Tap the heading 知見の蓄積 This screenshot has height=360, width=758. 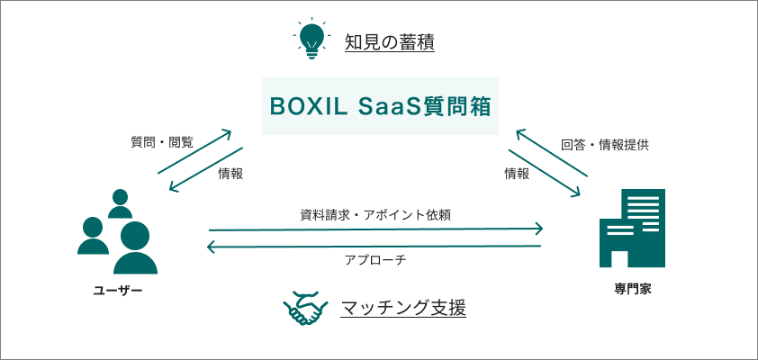tap(390, 41)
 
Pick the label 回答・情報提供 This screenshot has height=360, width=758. tap(605, 143)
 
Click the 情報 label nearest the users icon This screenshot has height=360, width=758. tap(230, 174)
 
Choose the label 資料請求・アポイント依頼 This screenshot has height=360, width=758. tap(375, 215)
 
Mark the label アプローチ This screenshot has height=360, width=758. tap(375, 260)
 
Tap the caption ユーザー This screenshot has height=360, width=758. tap(118, 292)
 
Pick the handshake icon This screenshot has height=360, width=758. tap(306, 309)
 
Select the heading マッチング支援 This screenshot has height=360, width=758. tap(403, 309)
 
